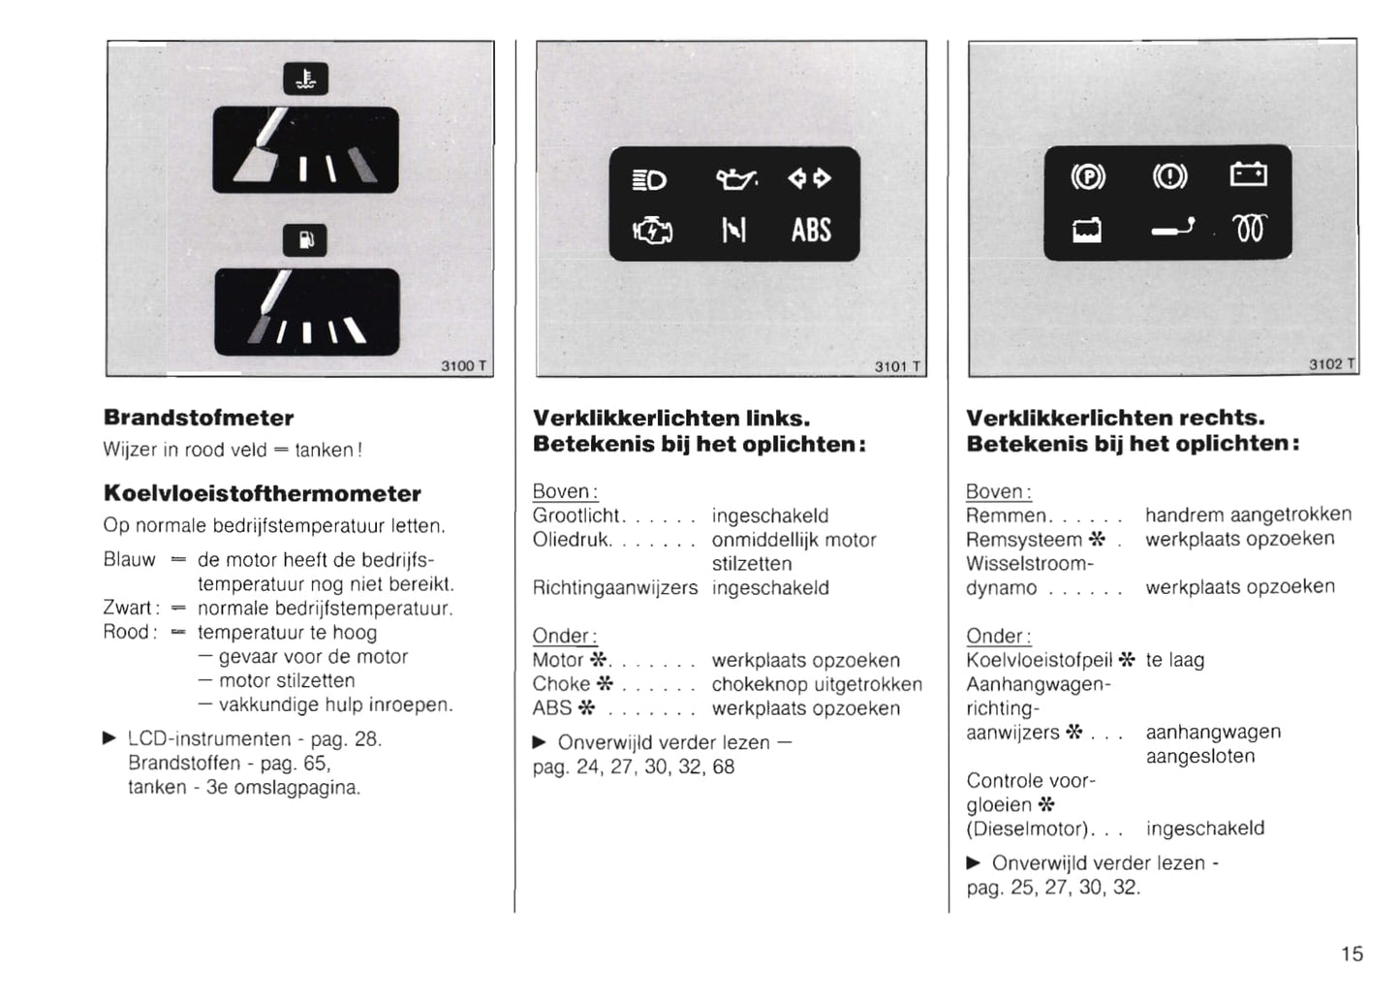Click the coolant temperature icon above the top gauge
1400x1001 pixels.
305,78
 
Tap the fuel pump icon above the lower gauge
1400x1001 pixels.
305,240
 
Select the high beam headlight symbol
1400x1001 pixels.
649,180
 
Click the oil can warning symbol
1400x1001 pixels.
736,179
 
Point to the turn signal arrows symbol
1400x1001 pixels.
809,179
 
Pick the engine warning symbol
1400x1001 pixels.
652,230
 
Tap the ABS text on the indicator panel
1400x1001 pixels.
811,230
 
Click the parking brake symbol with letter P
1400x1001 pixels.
1088,177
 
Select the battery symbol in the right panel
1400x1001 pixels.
1248,174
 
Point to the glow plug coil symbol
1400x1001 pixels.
1250,229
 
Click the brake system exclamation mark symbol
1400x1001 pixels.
1169,176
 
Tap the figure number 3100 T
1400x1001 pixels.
463,365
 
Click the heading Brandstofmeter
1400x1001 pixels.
199,418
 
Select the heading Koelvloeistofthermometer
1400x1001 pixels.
263,493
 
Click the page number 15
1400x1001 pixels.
1352,954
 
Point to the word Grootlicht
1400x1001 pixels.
575,516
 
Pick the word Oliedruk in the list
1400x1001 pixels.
571,540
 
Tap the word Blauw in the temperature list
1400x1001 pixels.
130,559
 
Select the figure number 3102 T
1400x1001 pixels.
1332,364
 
